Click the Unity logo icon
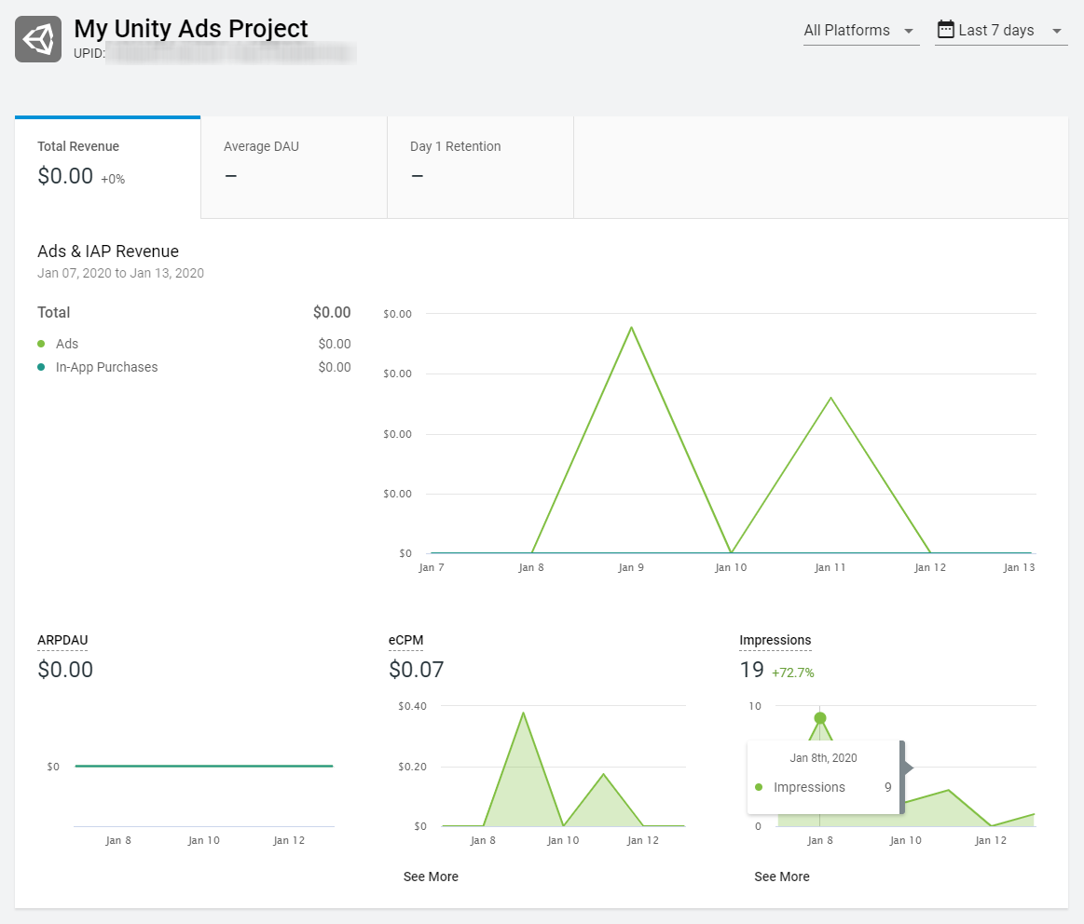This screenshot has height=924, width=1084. pyautogui.click(x=38, y=39)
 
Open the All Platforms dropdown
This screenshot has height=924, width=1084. pyautogui.click(x=860, y=31)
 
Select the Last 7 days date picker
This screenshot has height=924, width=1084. pyautogui.click(x=1000, y=31)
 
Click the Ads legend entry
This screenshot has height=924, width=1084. pyautogui.click(x=67, y=344)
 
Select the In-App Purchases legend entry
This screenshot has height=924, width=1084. pyautogui.click(x=106, y=367)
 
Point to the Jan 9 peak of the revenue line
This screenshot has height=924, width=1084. pyautogui.click(x=631, y=327)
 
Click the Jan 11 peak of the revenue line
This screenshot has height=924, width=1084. pyautogui.click(x=830, y=398)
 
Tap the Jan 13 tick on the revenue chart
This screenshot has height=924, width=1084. pyautogui.click(x=1019, y=567)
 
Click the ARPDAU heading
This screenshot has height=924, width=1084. pyautogui.click(x=62, y=640)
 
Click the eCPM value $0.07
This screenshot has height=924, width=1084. pyautogui.click(x=416, y=670)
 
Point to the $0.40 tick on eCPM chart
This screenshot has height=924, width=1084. pyautogui.click(x=411, y=706)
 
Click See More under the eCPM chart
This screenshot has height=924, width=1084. pyautogui.click(x=431, y=876)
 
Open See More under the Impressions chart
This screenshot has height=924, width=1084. pyautogui.click(x=782, y=876)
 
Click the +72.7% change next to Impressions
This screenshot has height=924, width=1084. pyautogui.click(x=792, y=673)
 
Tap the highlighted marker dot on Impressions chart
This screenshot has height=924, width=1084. pyautogui.click(x=820, y=718)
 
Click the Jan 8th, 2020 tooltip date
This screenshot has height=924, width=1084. pyautogui.click(x=823, y=758)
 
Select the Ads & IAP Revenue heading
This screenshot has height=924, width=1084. pyautogui.click(x=108, y=251)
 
